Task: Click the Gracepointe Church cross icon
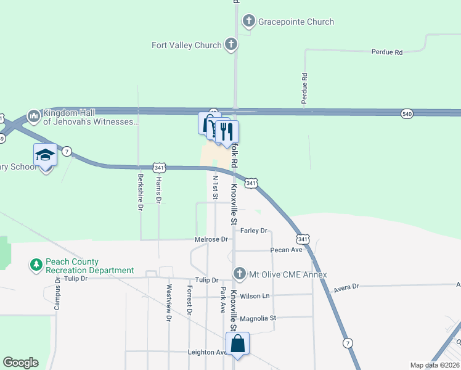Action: tap(249, 22)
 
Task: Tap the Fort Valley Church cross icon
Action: tap(231, 44)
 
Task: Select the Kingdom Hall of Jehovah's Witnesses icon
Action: tap(33, 116)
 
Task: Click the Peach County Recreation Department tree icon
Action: tap(36, 265)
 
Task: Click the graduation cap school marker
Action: tap(45, 155)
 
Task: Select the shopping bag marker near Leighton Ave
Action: tap(238, 344)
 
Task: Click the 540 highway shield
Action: tap(406, 114)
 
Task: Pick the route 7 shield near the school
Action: tap(67, 151)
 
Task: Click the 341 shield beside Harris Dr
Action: tap(160, 168)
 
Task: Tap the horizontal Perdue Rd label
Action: tap(386, 52)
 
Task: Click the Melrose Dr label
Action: tap(211, 239)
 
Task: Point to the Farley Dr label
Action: tap(253, 231)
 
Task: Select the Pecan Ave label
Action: tap(287, 250)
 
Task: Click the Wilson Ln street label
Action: tap(255, 296)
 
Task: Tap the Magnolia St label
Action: tap(258, 318)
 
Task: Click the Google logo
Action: tap(20, 363)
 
